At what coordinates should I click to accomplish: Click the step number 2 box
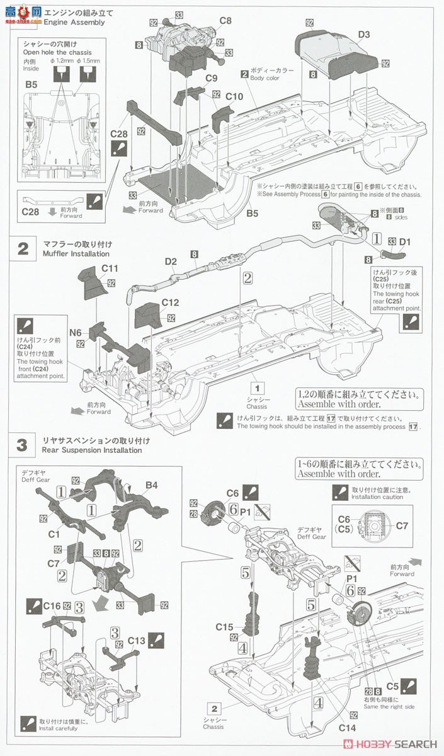pyautogui.click(x=23, y=248)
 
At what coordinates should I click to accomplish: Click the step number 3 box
pyautogui.click(x=23, y=445)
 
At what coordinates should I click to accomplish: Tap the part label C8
pyautogui.click(x=225, y=21)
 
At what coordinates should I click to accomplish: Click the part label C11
pyautogui.click(x=110, y=268)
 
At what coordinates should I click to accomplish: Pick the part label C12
pyautogui.click(x=170, y=302)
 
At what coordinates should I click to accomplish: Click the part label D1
pyautogui.click(x=404, y=241)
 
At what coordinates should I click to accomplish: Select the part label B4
pyautogui.click(x=152, y=484)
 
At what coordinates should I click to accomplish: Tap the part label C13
pyautogui.click(x=137, y=641)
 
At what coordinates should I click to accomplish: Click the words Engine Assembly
pyautogui.click(x=74, y=23)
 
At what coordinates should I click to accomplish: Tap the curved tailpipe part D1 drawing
pyautogui.click(x=390, y=256)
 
